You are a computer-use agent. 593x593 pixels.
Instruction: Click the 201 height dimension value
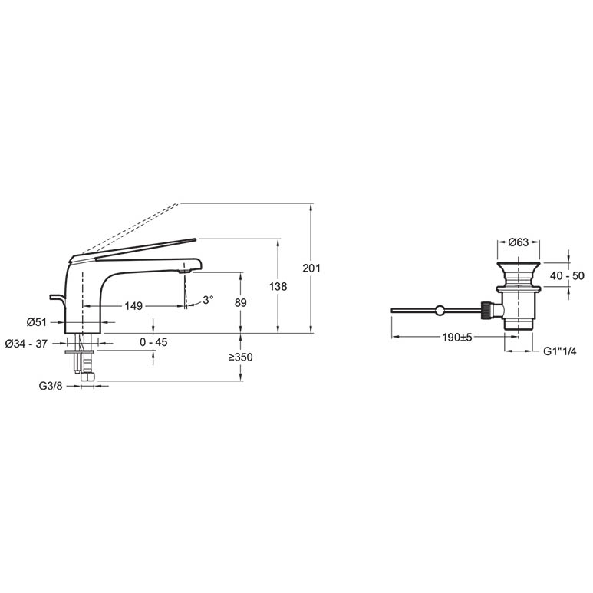311,268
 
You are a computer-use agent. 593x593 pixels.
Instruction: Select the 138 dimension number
278,287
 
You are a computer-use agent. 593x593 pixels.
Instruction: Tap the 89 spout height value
241,302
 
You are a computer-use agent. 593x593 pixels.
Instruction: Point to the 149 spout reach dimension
133,305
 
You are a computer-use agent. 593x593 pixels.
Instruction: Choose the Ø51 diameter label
37,322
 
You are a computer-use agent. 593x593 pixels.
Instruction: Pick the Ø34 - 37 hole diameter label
26,344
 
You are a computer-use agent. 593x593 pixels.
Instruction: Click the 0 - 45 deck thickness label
153,342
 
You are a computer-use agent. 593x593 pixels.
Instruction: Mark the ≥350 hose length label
240,357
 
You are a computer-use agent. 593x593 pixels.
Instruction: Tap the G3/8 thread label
51,386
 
